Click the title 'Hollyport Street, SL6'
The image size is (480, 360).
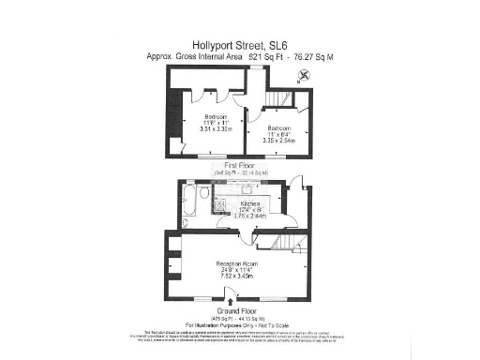click(x=239, y=44)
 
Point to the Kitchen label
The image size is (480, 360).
click(x=249, y=203)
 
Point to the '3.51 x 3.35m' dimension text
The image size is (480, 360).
click(x=216, y=129)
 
